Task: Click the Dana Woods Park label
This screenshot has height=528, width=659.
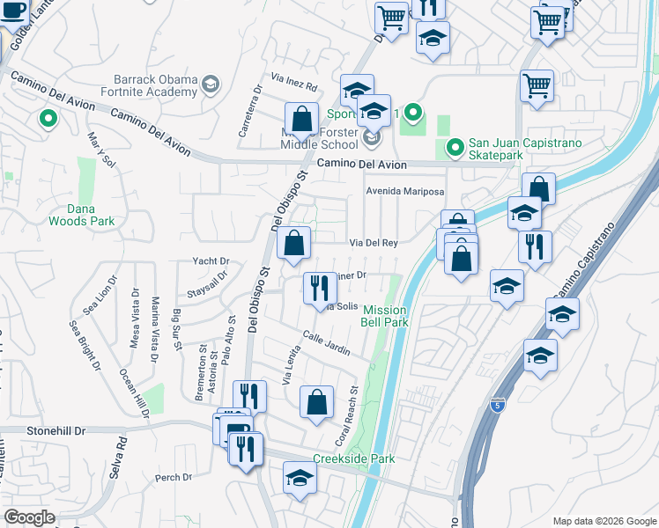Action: tap(91, 216)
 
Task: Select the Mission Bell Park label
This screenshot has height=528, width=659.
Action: tap(385, 316)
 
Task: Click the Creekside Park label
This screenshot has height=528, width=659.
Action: tap(353, 458)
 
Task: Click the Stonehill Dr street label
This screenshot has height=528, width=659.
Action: tap(43, 431)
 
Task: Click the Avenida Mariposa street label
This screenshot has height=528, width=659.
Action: tap(405, 191)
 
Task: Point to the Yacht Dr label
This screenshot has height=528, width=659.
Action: tap(211, 261)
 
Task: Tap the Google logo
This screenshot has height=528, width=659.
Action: tap(30, 517)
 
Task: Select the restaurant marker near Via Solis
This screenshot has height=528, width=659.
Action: tap(319, 288)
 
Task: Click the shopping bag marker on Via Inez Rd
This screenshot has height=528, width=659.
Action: tap(301, 118)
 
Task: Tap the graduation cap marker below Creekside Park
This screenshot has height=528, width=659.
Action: tap(300, 478)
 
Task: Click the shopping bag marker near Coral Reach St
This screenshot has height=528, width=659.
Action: tap(316, 402)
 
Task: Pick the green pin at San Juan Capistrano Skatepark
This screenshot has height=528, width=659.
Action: tap(455, 147)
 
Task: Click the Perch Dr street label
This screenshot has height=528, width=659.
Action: tap(173, 478)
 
